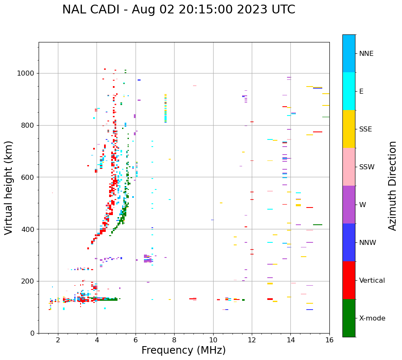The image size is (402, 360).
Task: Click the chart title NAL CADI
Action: tap(178, 10)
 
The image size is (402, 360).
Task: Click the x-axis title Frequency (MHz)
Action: tap(183, 350)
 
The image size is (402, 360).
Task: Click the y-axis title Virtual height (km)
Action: tap(9, 187)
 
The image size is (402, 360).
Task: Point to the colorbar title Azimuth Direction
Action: tap(392, 186)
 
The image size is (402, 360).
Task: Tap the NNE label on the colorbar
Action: tap(366, 54)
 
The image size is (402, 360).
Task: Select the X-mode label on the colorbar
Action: tap(372, 318)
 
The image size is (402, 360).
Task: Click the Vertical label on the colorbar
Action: tap(372, 281)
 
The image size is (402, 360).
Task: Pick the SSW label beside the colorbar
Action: tap(367, 167)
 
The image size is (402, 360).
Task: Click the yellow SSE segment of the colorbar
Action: tap(349, 129)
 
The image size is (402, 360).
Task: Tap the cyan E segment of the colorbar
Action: tap(349, 91)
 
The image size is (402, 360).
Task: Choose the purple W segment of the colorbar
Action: tap(349, 205)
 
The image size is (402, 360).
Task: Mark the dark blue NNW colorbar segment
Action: tap(349, 242)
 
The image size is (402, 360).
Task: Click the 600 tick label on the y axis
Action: tap(28, 177)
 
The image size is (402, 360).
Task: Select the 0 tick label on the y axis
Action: tap(32, 333)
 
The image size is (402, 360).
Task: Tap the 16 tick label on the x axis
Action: tap(329, 340)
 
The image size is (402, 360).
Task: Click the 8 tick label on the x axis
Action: tap(174, 340)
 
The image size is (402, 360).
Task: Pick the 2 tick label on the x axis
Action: tap(58, 340)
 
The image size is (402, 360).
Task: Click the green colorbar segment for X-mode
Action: tap(349, 318)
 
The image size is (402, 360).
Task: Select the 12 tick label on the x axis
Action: tap(252, 340)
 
